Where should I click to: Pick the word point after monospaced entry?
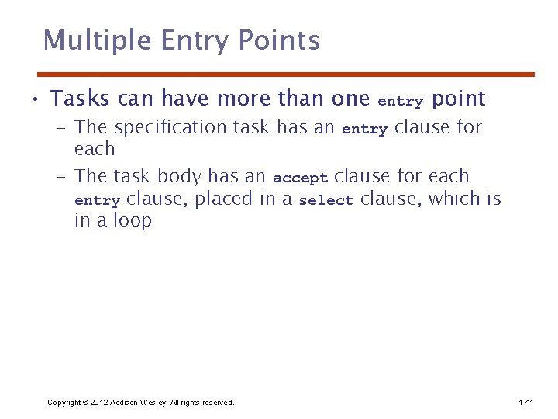tap(458, 99)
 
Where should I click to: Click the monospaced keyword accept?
tap(300, 178)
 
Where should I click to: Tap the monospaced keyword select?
tap(325, 200)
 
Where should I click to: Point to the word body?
tap(180, 176)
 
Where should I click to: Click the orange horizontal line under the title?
tap(286, 74)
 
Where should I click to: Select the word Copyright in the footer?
tap(64, 402)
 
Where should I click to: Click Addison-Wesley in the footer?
tap(136, 402)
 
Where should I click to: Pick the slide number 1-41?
tap(525, 402)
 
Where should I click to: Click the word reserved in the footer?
tap(216, 402)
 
